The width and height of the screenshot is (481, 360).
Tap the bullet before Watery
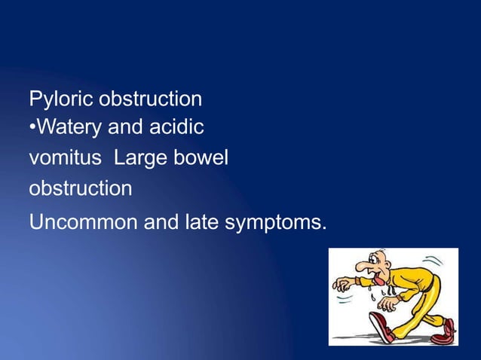(32, 129)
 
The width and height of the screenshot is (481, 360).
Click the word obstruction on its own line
(80, 188)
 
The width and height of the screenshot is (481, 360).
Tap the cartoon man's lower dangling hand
(388, 303)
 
